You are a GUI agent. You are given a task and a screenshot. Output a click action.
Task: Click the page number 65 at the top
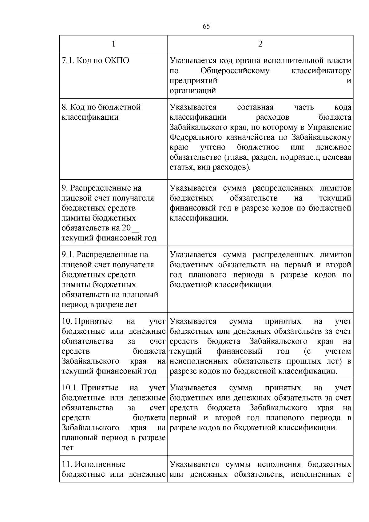coord(206,26)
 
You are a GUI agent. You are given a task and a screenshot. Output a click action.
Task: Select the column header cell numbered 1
coord(113,44)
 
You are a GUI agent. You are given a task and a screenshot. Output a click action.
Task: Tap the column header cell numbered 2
coord(260,44)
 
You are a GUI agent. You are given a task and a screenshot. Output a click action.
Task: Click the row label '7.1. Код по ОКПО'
coord(95,60)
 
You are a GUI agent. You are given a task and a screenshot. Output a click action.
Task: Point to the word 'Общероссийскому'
coord(235,71)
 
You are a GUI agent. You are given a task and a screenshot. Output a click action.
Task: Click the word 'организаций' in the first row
coord(193,91)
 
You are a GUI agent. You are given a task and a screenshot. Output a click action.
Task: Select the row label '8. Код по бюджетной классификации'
coord(101,112)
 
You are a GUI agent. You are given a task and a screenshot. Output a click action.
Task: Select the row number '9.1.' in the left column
coord(68,255)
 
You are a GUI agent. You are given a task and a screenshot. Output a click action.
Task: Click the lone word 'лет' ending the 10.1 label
coord(67,448)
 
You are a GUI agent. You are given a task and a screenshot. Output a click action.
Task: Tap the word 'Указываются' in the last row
coord(194,464)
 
